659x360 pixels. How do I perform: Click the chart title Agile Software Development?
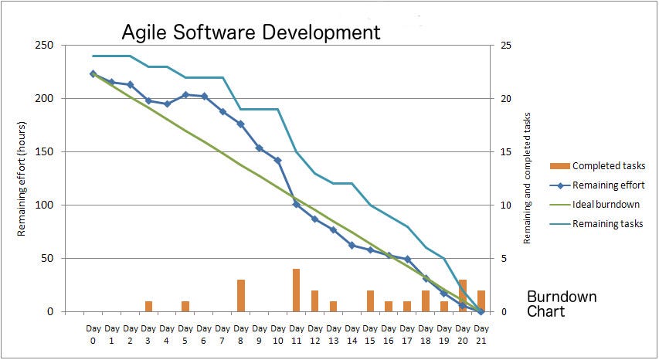click(x=251, y=32)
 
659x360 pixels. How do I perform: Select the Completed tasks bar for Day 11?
click(x=296, y=290)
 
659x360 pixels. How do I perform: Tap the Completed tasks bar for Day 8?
click(x=241, y=296)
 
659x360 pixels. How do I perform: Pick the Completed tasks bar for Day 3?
click(x=148, y=307)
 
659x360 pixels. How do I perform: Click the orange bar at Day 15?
click(x=370, y=301)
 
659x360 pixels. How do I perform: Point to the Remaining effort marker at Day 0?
click(x=93, y=74)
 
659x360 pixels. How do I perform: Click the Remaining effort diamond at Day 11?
click(x=296, y=204)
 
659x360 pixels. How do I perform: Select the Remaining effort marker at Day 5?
click(x=185, y=95)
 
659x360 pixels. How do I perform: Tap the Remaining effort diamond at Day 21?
click(x=481, y=311)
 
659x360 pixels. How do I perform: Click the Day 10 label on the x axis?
click(x=278, y=334)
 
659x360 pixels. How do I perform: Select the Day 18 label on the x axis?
click(x=426, y=334)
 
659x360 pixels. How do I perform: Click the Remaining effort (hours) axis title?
click(x=23, y=178)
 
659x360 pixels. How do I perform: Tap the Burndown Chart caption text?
click(x=561, y=304)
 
